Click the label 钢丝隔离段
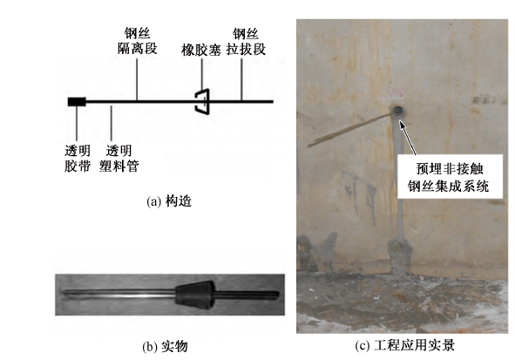tap(138, 41)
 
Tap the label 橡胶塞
tap(200, 51)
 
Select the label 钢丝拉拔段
tap(246, 41)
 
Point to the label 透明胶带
tap(78, 159)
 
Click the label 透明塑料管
tap(119, 159)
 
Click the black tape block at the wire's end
tap(77, 102)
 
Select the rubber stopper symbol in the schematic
tap(202, 101)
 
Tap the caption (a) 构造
tap(169, 201)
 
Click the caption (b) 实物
tap(165, 347)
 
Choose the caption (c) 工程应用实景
tap(405, 345)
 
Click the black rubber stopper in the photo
tap(195, 295)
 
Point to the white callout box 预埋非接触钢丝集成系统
tap(450, 176)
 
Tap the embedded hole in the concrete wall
tap(397, 112)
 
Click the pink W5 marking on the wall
tap(396, 92)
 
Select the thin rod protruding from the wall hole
tap(350, 130)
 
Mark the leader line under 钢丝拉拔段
tap(241, 79)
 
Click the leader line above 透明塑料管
tap(111, 123)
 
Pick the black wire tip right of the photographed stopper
tap(247, 295)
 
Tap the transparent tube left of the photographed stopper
tap(119, 294)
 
